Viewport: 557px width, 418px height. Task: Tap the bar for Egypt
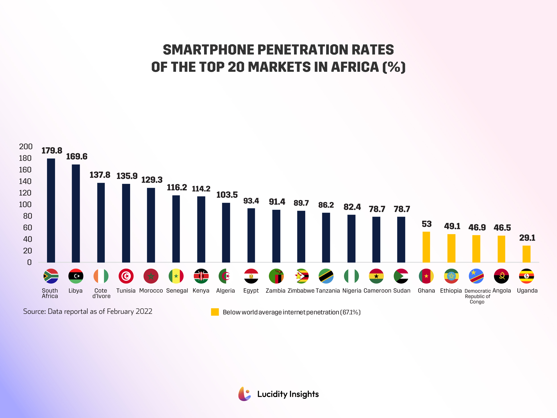coord(251,235)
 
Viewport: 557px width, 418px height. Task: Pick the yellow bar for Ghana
coord(426,247)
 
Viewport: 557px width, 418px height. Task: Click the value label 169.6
coord(77,156)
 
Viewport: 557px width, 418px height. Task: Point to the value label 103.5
coord(227,195)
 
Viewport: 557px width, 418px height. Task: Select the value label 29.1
coord(527,238)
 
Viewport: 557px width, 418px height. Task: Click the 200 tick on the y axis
coord(26,147)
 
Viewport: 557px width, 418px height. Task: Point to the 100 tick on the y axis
coord(25,204)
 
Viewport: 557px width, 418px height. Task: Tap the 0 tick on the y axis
coord(29,262)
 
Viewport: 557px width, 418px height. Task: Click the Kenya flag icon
coord(201,276)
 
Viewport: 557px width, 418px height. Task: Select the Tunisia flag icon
coord(126,276)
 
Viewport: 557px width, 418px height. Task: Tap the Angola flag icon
coord(501,276)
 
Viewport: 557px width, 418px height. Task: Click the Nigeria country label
coord(352,290)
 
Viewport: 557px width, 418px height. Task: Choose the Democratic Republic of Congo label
coord(477,296)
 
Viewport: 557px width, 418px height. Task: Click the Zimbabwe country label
coord(301,290)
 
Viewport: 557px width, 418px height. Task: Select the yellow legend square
coord(215,312)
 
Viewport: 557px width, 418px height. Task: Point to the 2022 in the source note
coord(144,311)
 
